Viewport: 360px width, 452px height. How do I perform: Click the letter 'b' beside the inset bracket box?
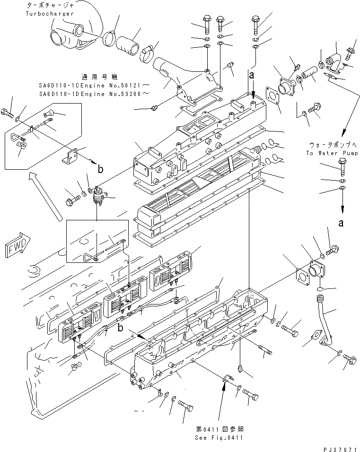pos(100,167)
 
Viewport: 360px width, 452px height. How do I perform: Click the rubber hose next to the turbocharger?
pos(129,44)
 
